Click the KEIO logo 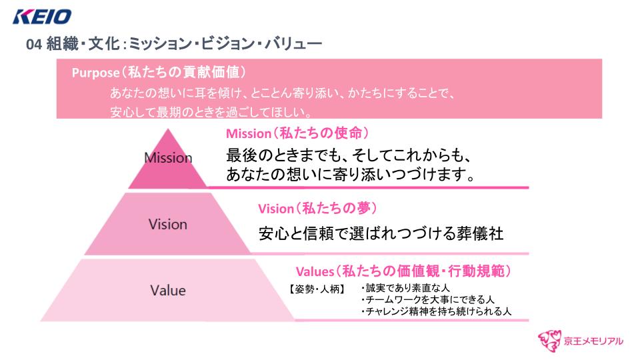click(x=42, y=15)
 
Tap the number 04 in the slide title click(x=34, y=45)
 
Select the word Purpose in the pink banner click(x=95, y=73)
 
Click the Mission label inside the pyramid click(x=168, y=158)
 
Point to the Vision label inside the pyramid click(x=168, y=224)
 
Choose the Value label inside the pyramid click(x=168, y=290)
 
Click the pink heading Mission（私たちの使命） click(x=297, y=133)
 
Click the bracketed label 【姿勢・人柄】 click(x=317, y=289)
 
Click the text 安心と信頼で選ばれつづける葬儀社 click(x=381, y=234)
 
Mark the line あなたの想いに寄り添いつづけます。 click(x=351, y=175)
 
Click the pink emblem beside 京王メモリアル click(x=551, y=339)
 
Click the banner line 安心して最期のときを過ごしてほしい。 click(x=211, y=111)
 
